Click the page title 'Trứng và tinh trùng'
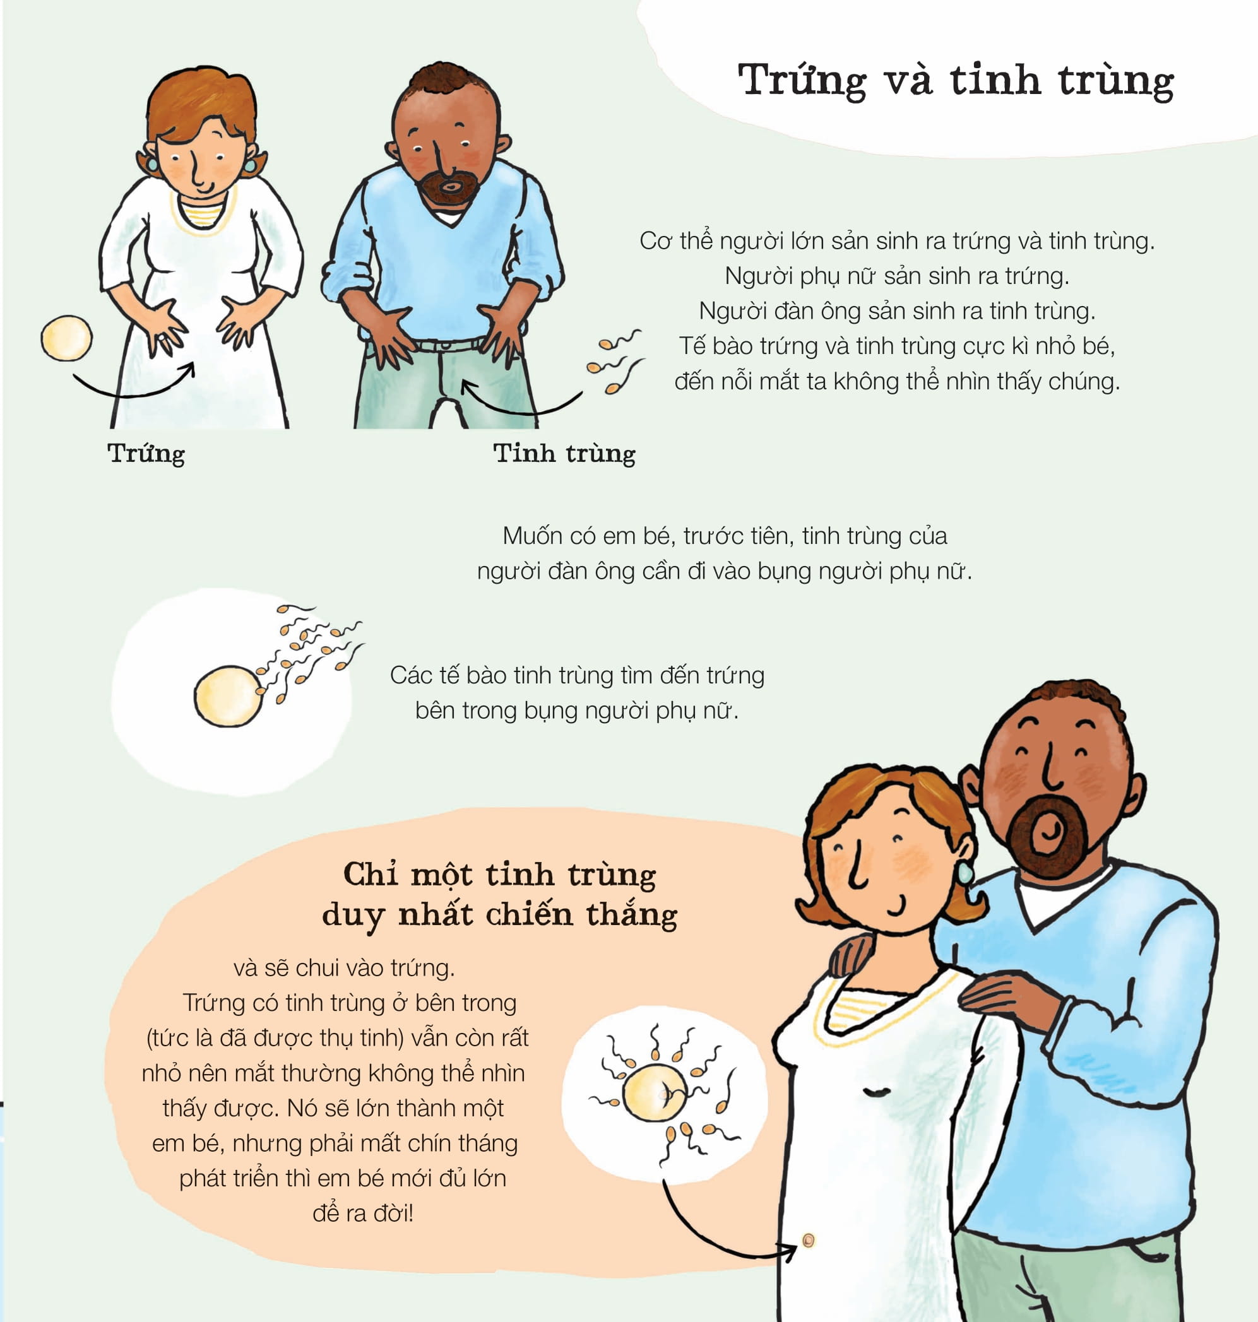955,80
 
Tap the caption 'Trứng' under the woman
146,454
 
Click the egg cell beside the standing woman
66,338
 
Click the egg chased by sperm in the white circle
228,696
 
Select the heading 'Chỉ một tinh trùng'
499,874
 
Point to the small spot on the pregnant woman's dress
808,1240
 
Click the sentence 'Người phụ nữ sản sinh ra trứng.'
896,276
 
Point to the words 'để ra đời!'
363,1213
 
